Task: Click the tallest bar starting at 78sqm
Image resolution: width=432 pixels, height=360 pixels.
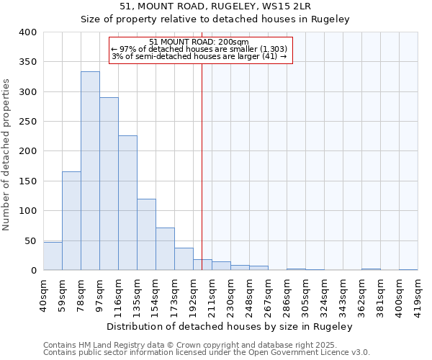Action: [90, 171]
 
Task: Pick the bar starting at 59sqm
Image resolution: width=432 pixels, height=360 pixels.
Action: [71, 221]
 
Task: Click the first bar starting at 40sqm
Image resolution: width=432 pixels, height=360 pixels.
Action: [53, 256]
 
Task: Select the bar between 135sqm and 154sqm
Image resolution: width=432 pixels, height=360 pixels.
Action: [146, 235]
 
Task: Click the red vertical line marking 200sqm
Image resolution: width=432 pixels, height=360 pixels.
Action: [202, 166]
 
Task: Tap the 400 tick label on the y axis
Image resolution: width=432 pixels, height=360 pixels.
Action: [27, 32]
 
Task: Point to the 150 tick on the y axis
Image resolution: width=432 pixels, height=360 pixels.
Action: [27, 181]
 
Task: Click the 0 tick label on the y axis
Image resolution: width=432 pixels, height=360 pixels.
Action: [33, 271]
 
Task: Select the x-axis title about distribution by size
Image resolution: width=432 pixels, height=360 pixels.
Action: [229, 326]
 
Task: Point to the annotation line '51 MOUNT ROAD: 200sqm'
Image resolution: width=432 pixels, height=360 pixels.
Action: [199, 42]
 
